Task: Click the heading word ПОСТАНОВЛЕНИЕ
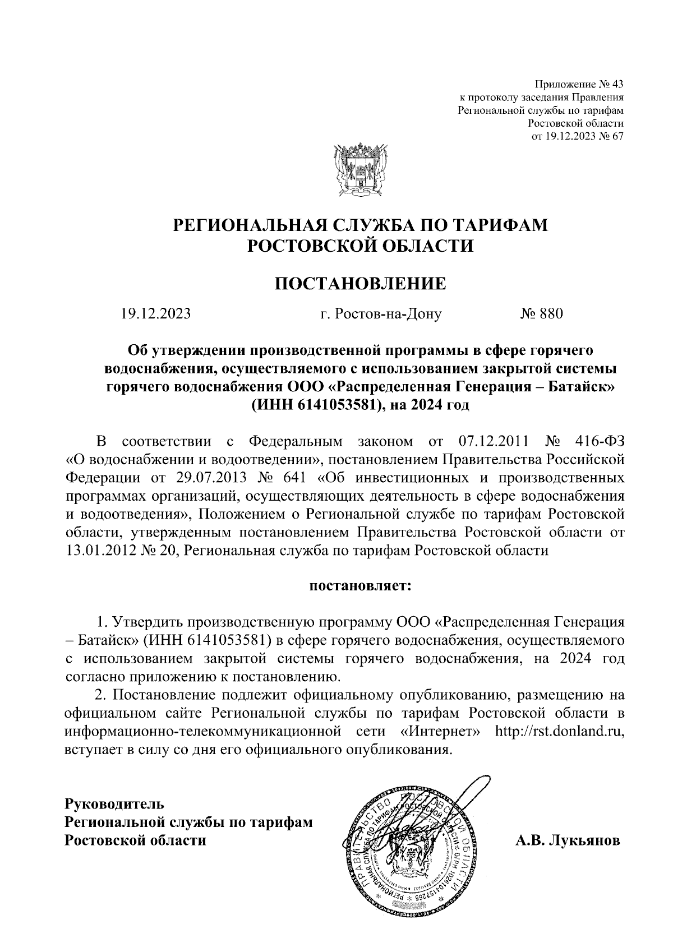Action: point(360,283)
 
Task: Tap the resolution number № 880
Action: point(541,313)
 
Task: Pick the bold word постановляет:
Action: point(360,586)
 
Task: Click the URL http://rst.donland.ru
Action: point(560,732)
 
